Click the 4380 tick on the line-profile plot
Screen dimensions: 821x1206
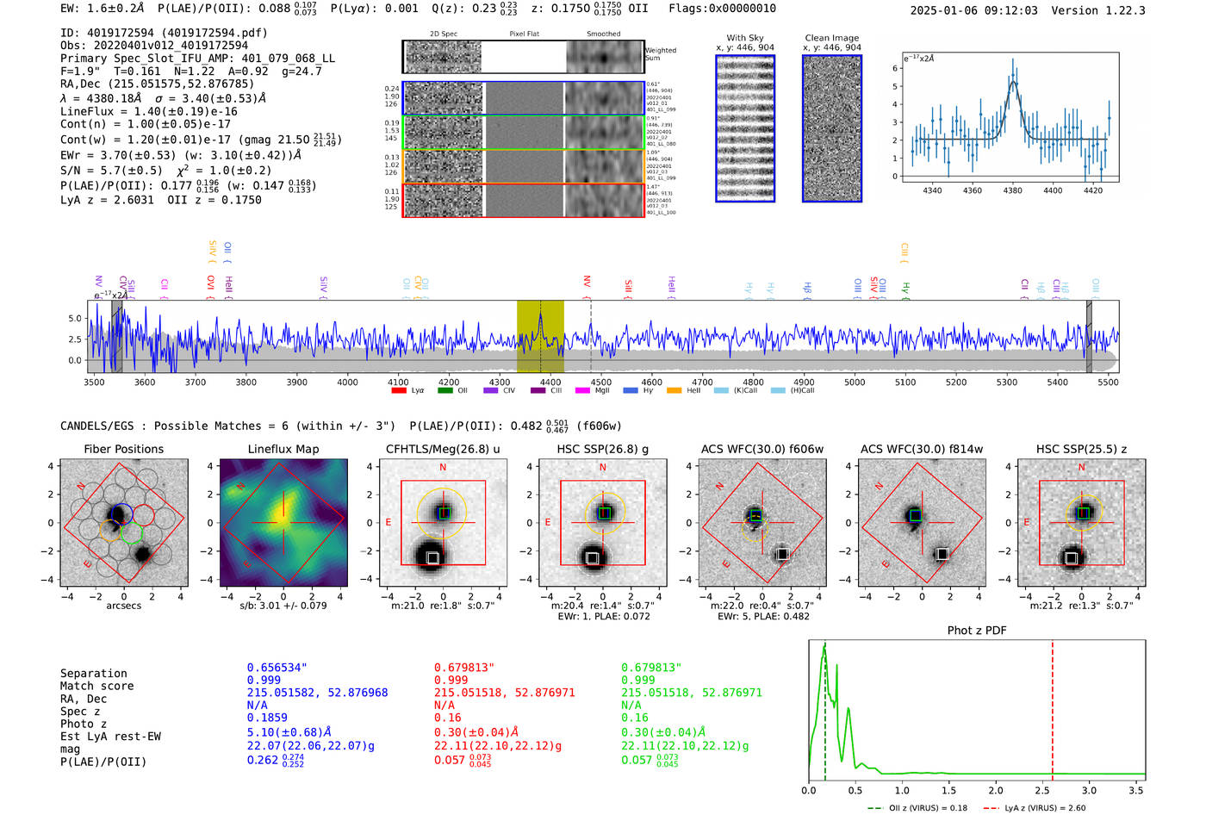coord(1012,190)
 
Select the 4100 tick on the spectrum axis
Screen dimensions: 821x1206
coord(398,382)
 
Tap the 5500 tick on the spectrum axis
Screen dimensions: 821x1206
coord(1108,382)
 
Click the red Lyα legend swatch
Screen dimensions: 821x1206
coord(399,390)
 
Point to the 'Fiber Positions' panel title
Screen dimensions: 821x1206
coord(123,449)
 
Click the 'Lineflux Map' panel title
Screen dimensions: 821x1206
coord(283,449)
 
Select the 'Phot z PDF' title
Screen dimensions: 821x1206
coord(977,630)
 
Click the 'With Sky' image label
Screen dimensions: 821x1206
coord(745,38)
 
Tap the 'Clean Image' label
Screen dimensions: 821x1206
coord(831,38)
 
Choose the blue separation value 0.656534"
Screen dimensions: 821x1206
coord(277,668)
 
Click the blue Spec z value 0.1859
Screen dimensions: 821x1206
coord(267,718)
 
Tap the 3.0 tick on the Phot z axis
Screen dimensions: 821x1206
coord(1089,790)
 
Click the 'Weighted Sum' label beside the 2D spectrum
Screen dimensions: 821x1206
coord(661,54)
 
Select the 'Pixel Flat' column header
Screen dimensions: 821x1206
coord(524,34)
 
